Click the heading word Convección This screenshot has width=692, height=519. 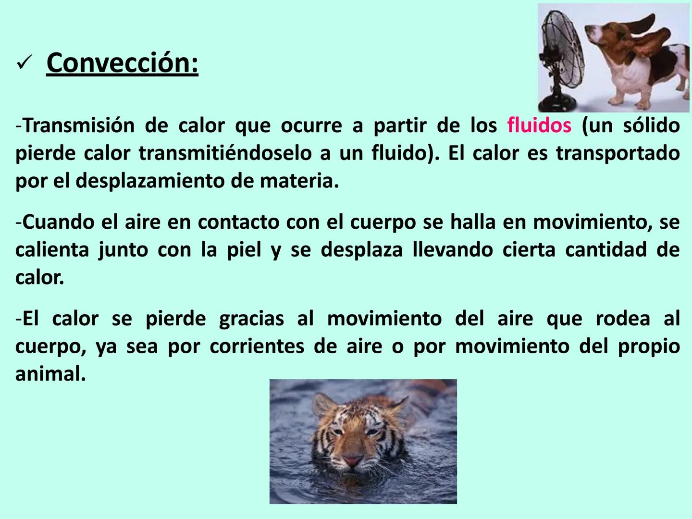122,63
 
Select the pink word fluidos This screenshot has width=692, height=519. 539,126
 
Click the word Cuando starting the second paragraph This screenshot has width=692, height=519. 58,222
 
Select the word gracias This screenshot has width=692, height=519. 251,319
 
